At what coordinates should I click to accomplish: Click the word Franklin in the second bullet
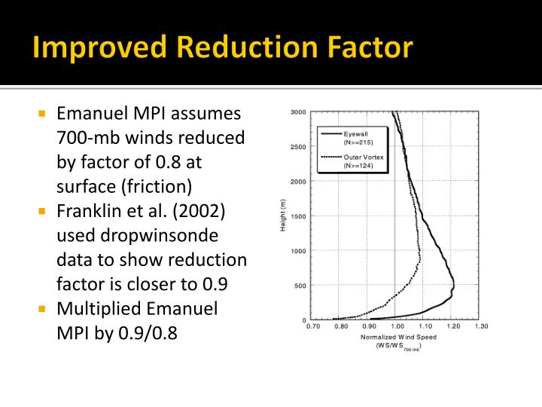click(x=90, y=210)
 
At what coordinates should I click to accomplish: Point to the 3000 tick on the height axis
click(x=298, y=113)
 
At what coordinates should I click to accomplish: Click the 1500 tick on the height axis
click(x=298, y=216)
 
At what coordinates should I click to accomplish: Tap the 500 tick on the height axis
click(x=300, y=286)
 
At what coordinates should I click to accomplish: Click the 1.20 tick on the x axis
click(x=454, y=326)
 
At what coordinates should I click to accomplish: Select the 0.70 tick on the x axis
click(x=313, y=326)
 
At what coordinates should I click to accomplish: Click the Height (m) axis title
click(x=283, y=216)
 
